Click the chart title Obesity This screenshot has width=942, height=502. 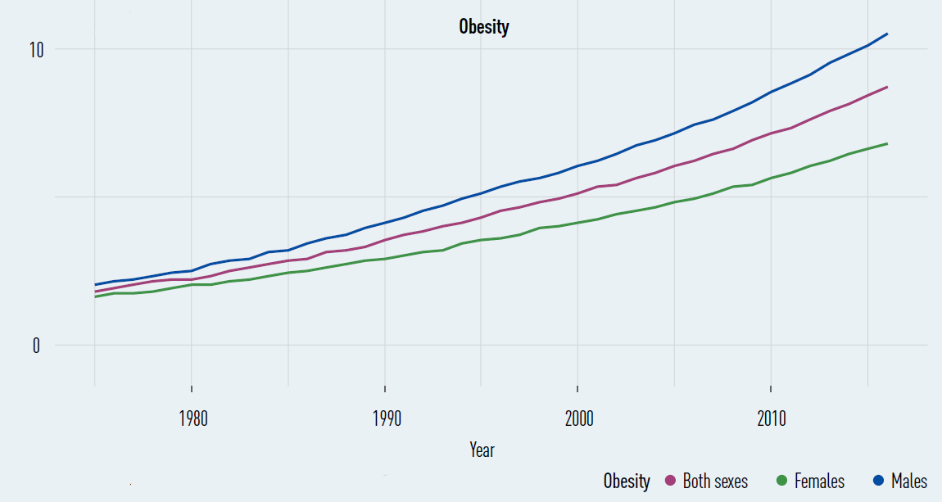483,26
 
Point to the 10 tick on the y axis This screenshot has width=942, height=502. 35,49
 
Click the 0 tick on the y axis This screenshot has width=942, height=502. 37,346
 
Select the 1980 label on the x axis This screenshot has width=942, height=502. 191,419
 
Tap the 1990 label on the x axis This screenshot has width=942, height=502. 384,419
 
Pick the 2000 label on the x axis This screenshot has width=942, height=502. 577,419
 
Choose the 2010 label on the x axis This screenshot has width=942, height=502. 771,419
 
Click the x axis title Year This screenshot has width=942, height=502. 482,450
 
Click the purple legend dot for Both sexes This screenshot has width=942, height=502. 669,481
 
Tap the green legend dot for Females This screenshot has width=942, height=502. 781,481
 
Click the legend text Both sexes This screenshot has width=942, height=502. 715,481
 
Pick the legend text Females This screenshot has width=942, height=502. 818,481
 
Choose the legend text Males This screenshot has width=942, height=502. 909,481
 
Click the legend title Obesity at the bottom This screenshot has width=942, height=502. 627,481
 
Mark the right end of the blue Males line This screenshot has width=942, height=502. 887,34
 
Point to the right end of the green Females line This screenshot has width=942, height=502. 887,143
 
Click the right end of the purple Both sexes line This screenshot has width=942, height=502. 887,87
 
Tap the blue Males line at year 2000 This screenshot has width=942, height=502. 577,166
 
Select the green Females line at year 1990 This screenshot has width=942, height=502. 384,259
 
